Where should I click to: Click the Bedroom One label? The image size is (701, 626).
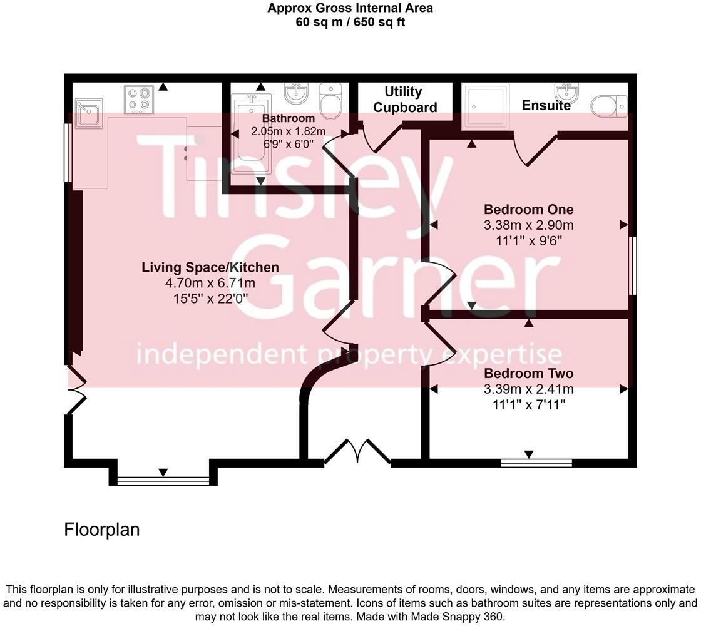click(x=528, y=209)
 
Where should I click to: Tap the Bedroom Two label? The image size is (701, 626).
click(x=528, y=373)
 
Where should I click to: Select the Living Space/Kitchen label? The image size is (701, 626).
click(x=210, y=267)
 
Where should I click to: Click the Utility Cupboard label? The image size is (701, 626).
click(x=404, y=100)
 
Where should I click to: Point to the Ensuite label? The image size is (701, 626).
click(x=546, y=106)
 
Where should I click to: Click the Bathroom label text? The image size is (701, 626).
click(x=289, y=118)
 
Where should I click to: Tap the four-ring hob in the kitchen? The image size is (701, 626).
click(x=138, y=100)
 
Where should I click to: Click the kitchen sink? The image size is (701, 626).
click(x=88, y=113)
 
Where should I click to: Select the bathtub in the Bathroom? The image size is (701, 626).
click(x=251, y=133)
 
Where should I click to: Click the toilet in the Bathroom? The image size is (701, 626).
click(x=331, y=101)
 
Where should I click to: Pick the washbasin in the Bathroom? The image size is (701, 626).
click(x=296, y=92)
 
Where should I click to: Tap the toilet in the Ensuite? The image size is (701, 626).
click(x=609, y=106)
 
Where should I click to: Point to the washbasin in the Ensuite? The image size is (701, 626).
click(x=566, y=93)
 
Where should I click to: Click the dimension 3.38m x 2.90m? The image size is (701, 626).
click(x=528, y=225)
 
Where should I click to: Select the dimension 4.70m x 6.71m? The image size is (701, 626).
click(x=210, y=283)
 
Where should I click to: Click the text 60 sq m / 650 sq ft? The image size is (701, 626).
click(x=350, y=22)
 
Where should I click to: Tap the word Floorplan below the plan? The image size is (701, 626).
click(x=102, y=530)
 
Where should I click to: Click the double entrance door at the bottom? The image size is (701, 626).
click(x=357, y=451)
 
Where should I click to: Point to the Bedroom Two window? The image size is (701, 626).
click(x=536, y=463)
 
